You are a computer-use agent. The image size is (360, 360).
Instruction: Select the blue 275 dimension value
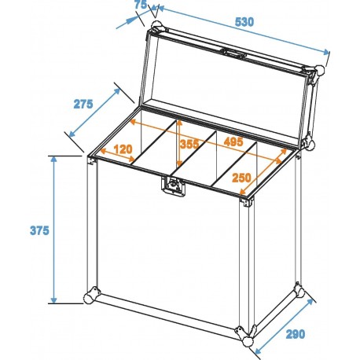83,103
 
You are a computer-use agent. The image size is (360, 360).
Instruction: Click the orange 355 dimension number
188,144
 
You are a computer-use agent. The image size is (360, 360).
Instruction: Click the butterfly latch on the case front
171,186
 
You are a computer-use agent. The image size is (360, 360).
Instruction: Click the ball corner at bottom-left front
90,299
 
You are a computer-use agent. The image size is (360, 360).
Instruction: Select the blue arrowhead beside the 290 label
313,299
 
